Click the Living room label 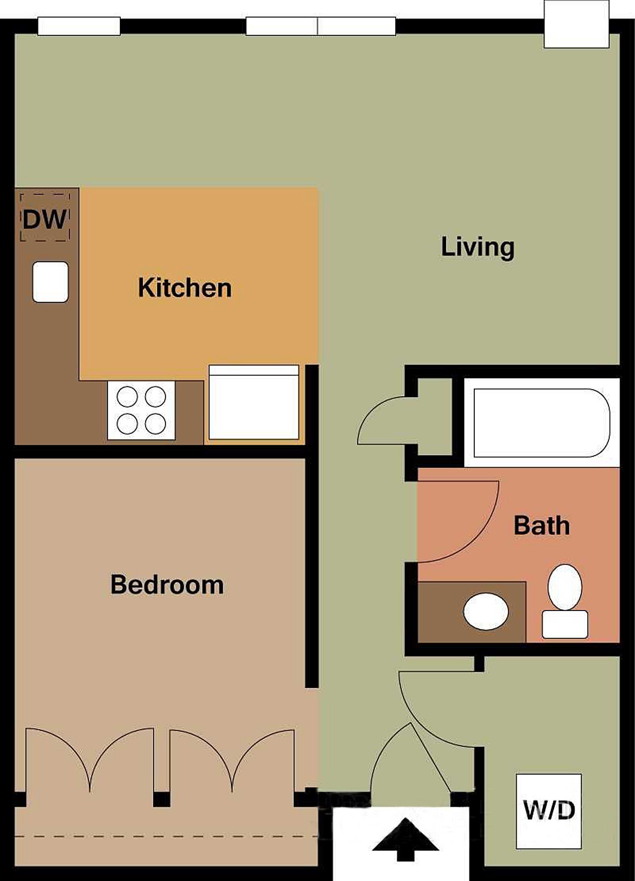tap(478, 247)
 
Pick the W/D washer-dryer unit tap(549, 811)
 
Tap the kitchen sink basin tap(51, 282)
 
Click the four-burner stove tap(141, 410)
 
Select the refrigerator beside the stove tap(254, 402)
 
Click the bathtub tap(541, 423)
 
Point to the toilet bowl tap(565, 587)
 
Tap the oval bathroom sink tap(486, 612)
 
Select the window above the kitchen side tap(79, 26)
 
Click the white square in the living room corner tap(576, 24)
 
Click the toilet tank tap(565, 624)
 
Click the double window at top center tap(321, 26)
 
